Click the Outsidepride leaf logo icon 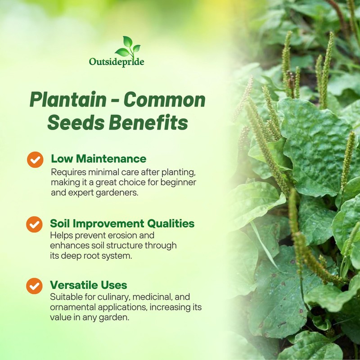click(128, 47)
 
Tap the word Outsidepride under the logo click(117, 62)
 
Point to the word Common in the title click(164, 100)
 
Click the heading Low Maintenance click(99, 158)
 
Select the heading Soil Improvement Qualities click(122, 223)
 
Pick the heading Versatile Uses click(89, 285)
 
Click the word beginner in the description click(180, 183)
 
